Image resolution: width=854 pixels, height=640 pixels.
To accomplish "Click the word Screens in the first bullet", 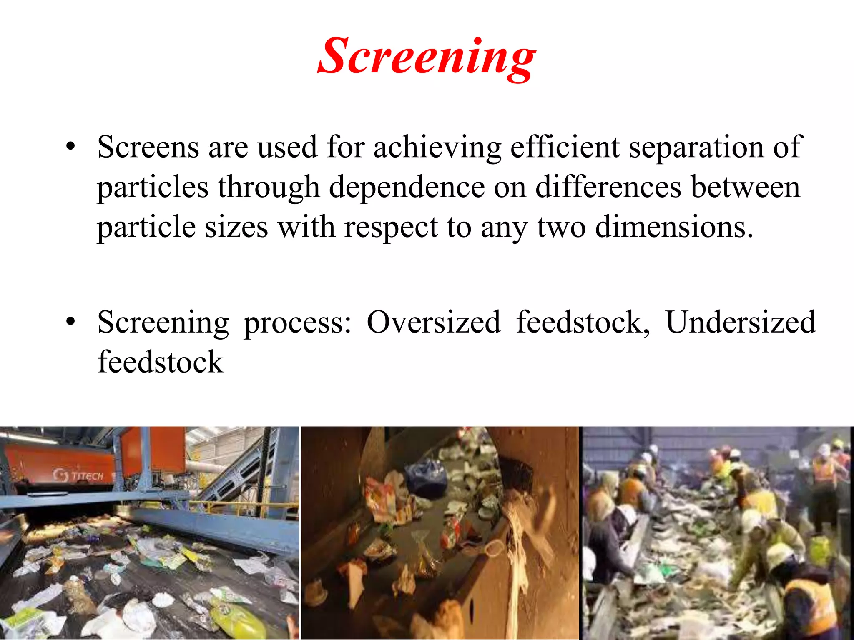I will pos(148,147).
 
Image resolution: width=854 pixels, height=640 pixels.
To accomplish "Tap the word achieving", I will pos(437,148).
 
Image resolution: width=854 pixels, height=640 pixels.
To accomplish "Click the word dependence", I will pos(407,187).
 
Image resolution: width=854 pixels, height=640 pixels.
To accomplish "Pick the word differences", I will pos(608,187).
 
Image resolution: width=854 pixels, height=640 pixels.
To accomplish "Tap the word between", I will pos(746,187).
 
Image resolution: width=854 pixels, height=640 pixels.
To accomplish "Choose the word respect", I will pos(391,228).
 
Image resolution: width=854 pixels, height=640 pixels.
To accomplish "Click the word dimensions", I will pos(674,227).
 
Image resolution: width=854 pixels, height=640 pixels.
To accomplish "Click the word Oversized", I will pos(433,322).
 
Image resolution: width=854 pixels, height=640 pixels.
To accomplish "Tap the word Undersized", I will pos(740,322).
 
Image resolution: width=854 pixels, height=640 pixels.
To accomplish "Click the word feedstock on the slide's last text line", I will pos(161,362).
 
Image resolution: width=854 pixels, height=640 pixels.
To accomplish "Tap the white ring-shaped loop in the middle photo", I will pos(494,547).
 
